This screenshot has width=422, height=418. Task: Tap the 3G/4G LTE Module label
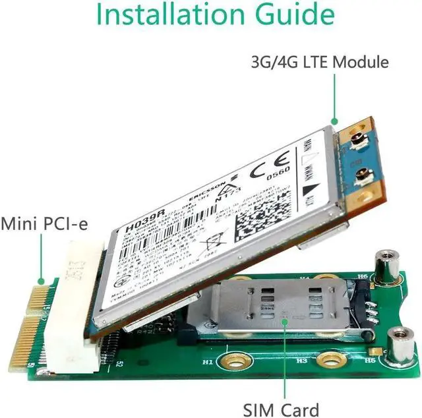click(x=320, y=63)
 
